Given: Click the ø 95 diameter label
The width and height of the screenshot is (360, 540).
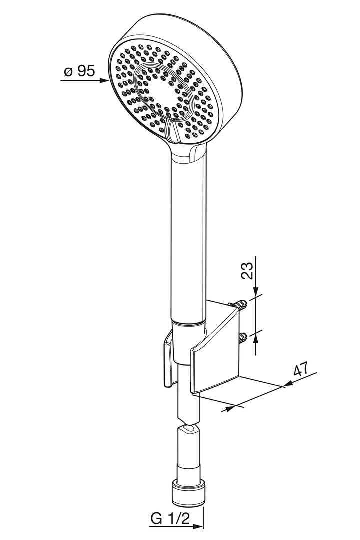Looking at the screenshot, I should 79,71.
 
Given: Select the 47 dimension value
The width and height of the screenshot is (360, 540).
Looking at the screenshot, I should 300,370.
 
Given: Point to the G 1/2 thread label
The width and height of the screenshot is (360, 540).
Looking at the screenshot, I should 170,519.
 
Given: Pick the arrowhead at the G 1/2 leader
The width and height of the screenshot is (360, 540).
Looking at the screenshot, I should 200,526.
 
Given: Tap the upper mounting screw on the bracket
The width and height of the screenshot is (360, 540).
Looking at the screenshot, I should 243,304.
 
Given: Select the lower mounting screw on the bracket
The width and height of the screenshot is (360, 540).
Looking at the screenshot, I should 243,337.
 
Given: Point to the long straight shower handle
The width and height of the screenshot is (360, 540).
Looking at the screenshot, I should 188,240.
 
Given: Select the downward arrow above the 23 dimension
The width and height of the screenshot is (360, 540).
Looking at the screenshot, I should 256,292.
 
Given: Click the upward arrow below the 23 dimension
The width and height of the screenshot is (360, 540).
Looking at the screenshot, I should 256,338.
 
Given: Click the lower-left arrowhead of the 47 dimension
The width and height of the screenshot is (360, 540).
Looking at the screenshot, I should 229,408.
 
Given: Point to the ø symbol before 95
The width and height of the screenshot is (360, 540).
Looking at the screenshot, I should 68,72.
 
